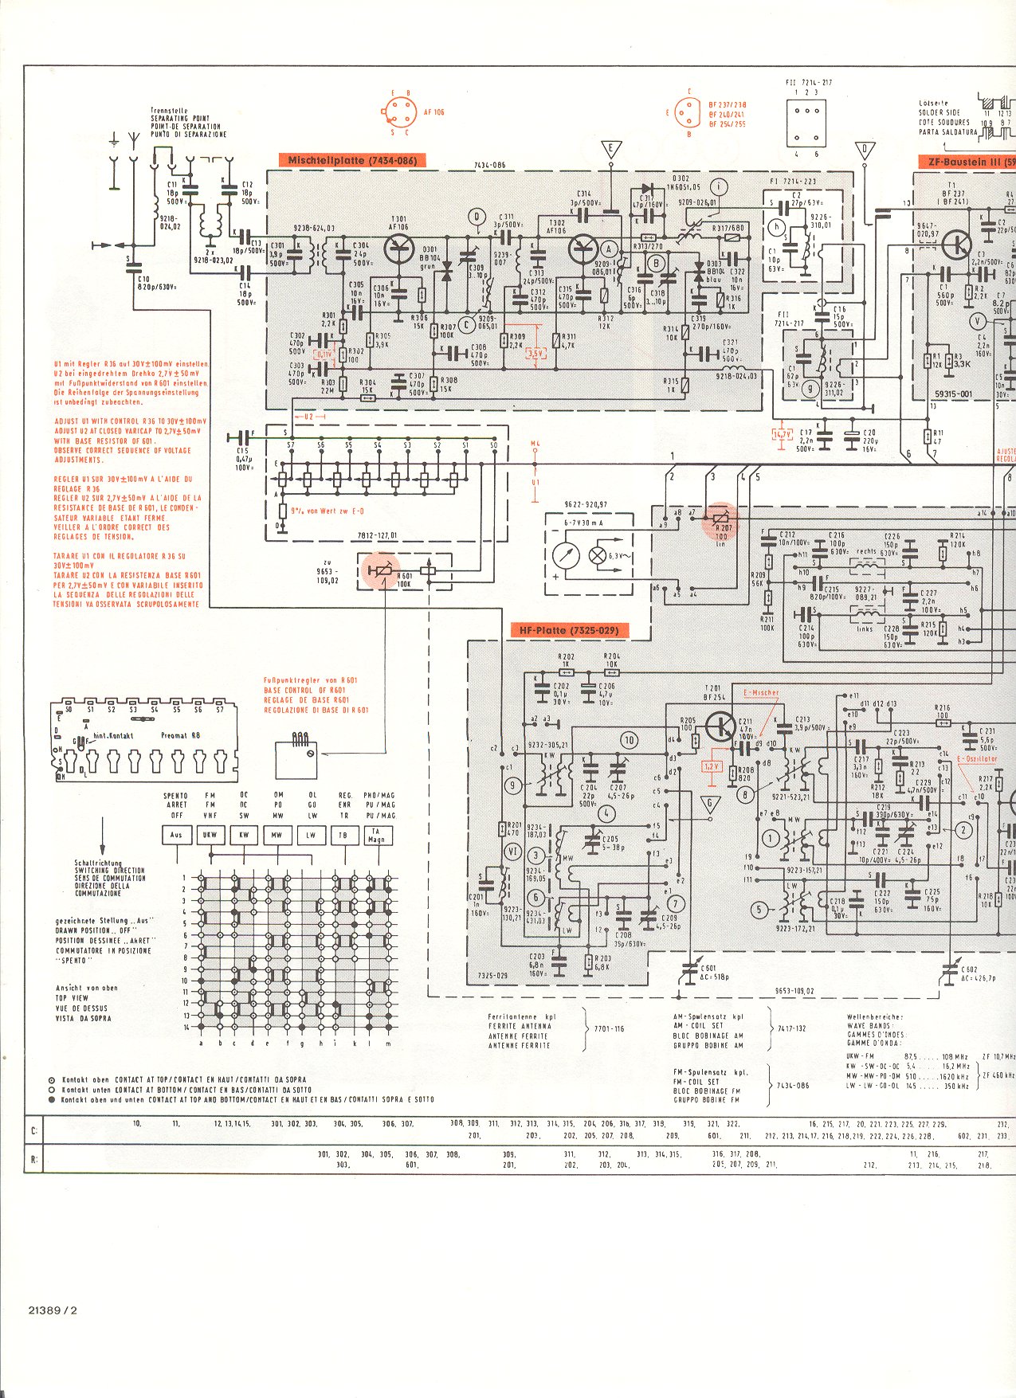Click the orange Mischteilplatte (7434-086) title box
(x=351, y=161)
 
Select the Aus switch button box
(x=176, y=836)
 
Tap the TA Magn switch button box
(x=376, y=836)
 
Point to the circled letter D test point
(x=477, y=217)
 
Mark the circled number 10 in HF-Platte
(x=629, y=740)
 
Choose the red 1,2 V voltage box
(x=711, y=766)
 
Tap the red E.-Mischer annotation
(x=760, y=693)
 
